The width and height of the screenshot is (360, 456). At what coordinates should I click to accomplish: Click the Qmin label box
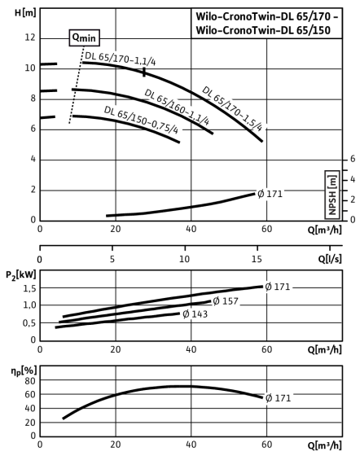(x=85, y=37)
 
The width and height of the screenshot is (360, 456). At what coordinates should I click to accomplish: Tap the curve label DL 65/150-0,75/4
(x=141, y=120)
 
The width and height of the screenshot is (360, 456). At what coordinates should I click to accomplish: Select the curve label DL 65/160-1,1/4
(x=177, y=107)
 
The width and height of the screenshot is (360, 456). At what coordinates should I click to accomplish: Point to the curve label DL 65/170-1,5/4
(x=232, y=108)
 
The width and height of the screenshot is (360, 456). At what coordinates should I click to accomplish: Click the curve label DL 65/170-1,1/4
(x=120, y=59)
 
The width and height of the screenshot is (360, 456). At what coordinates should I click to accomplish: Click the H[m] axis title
(x=25, y=13)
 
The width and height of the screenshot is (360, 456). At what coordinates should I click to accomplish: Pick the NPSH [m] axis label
(x=332, y=195)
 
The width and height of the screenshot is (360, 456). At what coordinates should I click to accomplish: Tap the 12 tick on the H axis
(x=30, y=37)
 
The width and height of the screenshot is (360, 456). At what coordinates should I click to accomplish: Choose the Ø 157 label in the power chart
(x=226, y=301)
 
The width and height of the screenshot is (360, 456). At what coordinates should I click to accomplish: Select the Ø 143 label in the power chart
(x=195, y=314)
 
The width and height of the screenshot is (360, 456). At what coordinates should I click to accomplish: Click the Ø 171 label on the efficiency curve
(x=278, y=398)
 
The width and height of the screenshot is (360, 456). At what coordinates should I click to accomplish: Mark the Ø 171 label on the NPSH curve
(x=270, y=194)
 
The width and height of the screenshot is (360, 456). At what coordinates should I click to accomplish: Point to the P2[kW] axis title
(x=21, y=275)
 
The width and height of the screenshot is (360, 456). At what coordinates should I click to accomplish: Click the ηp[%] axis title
(x=24, y=371)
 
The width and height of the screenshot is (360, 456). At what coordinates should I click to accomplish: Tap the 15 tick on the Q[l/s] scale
(x=257, y=259)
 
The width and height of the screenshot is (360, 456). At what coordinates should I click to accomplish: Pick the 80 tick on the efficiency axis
(x=30, y=381)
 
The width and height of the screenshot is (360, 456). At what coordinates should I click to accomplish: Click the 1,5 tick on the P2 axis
(x=29, y=288)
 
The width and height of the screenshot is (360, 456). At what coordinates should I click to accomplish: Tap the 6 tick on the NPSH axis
(x=353, y=159)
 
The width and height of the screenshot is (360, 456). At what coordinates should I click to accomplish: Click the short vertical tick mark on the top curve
(x=144, y=72)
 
